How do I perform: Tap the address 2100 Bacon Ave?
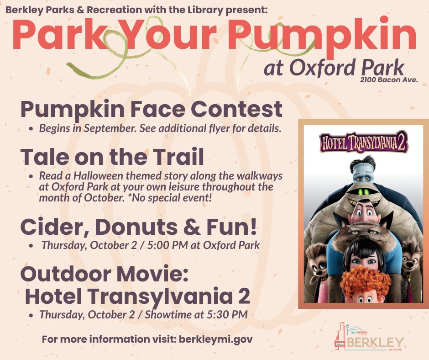click(x=389, y=80)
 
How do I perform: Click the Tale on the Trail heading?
click(x=112, y=156)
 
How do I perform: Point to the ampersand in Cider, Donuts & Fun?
click(x=192, y=227)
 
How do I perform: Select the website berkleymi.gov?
click(x=215, y=339)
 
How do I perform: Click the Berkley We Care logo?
click(x=369, y=336)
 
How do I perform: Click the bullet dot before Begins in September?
click(x=32, y=128)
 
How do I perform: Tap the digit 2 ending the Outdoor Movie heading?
click(x=244, y=296)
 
